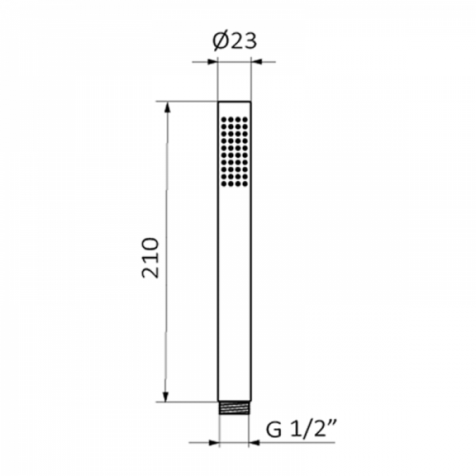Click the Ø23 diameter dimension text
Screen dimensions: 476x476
click(235, 41)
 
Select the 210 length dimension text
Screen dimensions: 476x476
click(150, 258)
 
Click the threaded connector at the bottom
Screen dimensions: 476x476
click(235, 408)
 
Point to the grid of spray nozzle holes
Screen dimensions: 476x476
click(235, 152)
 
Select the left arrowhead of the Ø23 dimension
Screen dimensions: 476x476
click(212, 62)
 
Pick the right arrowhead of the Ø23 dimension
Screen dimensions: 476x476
click(256, 62)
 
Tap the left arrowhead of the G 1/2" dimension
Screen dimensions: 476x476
click(214, 443)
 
